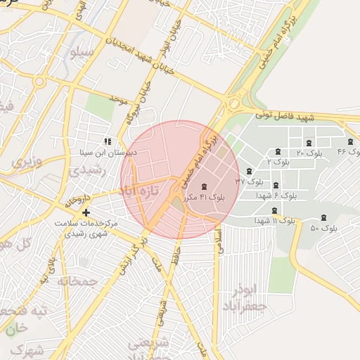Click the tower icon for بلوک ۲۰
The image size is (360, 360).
coord(309,143)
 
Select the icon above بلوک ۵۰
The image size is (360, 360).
coord(323,218)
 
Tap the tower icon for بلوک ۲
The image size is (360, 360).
coord(278,152)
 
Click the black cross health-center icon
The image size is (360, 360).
coord(86,212)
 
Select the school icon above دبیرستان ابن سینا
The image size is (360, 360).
coord(108,141)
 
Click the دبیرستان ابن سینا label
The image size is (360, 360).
coord(106,152)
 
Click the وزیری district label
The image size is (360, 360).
coord(27,162)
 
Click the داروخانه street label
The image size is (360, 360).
coord(77,198)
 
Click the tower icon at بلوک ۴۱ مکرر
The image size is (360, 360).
coord(205,187)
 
